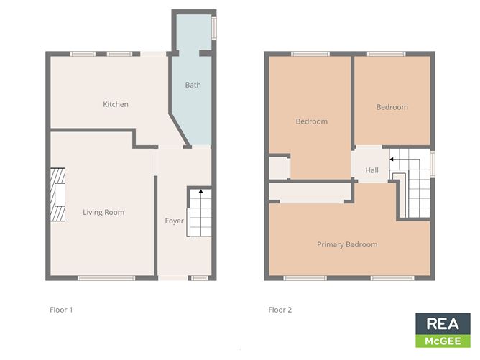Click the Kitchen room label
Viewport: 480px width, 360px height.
point(116,105)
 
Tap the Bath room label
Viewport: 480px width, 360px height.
point(193,86)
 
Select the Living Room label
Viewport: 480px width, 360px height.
point(103,212)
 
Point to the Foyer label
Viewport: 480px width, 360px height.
point(174,221)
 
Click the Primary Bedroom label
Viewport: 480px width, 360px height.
point(347,245)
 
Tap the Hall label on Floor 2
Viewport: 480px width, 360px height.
point(371,171)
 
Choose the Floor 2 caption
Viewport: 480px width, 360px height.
point(280,310)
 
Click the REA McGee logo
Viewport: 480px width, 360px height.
point(443,330)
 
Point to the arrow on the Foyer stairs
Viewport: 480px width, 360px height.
point(200,192)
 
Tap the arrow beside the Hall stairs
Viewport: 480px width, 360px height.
point(392,158)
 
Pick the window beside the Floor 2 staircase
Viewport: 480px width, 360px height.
point(432,163)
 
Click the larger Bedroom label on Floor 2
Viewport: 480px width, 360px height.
point(311,121)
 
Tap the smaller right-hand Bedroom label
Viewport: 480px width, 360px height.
point(392,107)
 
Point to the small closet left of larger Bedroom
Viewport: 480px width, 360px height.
point(277,167)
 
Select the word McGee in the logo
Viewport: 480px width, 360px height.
point(443,341)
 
